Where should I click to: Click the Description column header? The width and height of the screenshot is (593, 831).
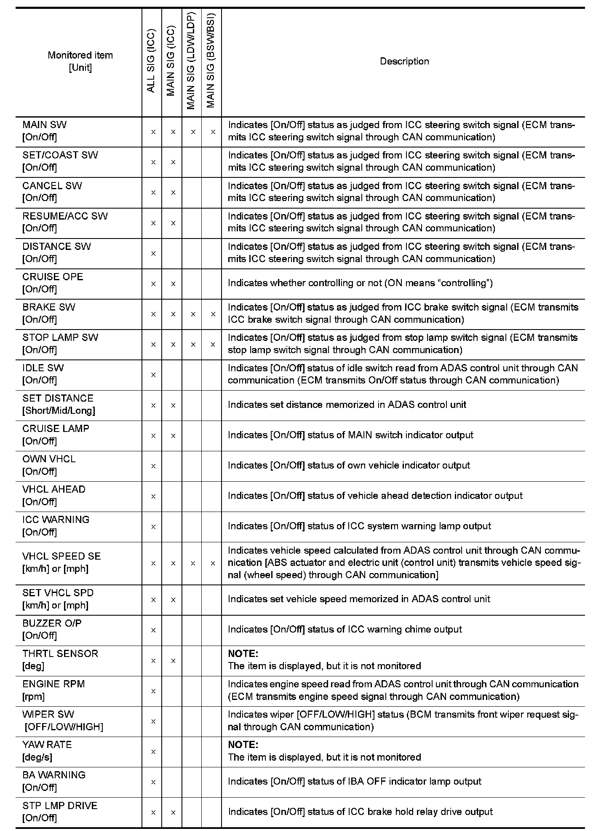pyautogui.click(x=404, y=62)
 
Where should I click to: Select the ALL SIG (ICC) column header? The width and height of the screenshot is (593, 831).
pyautogui.click(x=152, y=62)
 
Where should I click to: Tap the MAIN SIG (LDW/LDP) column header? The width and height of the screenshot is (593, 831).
pyautogui.click(x=192, y=62)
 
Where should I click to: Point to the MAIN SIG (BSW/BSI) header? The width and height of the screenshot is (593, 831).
pyautogui.click(x=211, y=62)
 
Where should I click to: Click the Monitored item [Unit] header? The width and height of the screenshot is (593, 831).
pyautogui.click(x=80, y=62)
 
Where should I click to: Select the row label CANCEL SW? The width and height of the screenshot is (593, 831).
pyautogui.click(x=52, y=186)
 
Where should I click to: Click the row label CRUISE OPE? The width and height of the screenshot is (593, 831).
pyautogui.click(x=53, y=277)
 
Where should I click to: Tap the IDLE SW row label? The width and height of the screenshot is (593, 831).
pyautogui.click(x=43, y=368)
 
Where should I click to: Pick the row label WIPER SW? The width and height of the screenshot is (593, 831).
pyautogui.click(x=48, y=714)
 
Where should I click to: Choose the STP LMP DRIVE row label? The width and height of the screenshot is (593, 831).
pyautogui.click(x=60, y=805)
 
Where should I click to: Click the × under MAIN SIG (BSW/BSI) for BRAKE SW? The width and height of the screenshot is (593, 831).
pyautogui.click(x=213, y=314)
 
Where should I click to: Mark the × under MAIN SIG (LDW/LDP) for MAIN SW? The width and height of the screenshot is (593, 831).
pyautogui.click(x=193, y=132)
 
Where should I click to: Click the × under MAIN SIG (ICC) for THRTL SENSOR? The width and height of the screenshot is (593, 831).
pyautogui.click(x=173, y=661)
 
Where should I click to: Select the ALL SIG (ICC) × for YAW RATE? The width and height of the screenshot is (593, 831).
pyautogui.click(x=153, y=752)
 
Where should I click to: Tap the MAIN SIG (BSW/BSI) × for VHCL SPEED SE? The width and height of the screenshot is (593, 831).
pyautogui.click(x=213, y=563)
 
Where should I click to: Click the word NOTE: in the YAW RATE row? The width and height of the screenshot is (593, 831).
pyautogui.click(x=243, y=745)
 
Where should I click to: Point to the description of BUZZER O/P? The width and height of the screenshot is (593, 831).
pyautogui.click(x=345, y=630)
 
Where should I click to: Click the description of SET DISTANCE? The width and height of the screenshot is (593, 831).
pyautogui.click(x=347, y=405)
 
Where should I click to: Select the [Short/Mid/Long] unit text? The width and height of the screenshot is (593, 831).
pyautogui.click(x=59, y=411)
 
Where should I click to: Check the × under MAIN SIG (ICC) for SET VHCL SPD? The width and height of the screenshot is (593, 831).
pyautogui.click(x=173, y=600)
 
